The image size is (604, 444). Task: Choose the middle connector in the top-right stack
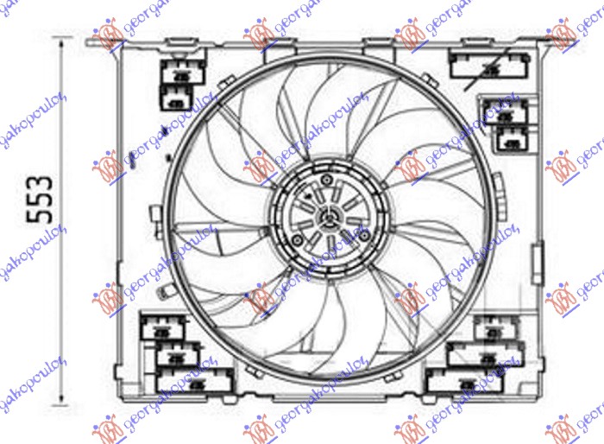[505, 111]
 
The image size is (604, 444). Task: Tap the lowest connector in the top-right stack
[512, 137]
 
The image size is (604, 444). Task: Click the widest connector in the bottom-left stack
[195, 378]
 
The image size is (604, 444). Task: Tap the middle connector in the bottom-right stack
[485, 352]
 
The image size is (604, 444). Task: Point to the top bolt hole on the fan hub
[327, 180]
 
